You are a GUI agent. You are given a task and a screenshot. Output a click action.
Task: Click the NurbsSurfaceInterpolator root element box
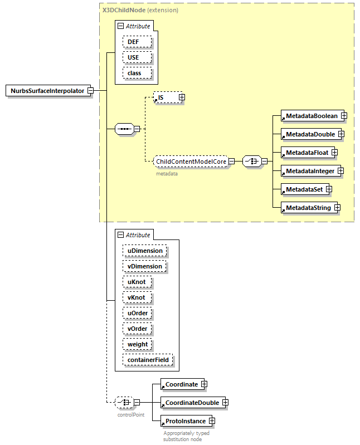pyautogui.click(x=47, y=91)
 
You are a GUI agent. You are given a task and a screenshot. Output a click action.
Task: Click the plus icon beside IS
pyautogui.click(x=182, y=97)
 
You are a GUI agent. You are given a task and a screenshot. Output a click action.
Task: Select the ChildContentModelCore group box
pyautogui.click(x=191, y=162)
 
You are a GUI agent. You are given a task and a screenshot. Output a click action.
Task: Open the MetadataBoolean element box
pyautogui.click(x=312, y=116)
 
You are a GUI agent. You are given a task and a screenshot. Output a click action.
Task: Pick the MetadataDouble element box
pyautogui.click(x=310, y=134)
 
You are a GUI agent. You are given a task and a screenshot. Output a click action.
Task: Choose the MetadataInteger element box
pyautogui.click(x=310, y=171)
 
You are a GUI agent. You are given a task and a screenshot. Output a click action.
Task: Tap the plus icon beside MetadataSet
pyautogui.click(x=329, y=189)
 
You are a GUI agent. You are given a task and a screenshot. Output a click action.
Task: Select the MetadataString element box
pyautogui.click(x=308, y=208)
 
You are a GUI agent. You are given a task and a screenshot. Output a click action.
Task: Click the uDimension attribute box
pyautogui.click(x=145, y=251)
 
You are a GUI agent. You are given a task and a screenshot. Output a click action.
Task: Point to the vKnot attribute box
pyautogui.click(x=137, y=297)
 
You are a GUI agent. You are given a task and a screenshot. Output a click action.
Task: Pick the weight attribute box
pyautogui.click(x=138, y=344)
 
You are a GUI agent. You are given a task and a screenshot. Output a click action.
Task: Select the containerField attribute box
pyautogui.click(x=148, y=360)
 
